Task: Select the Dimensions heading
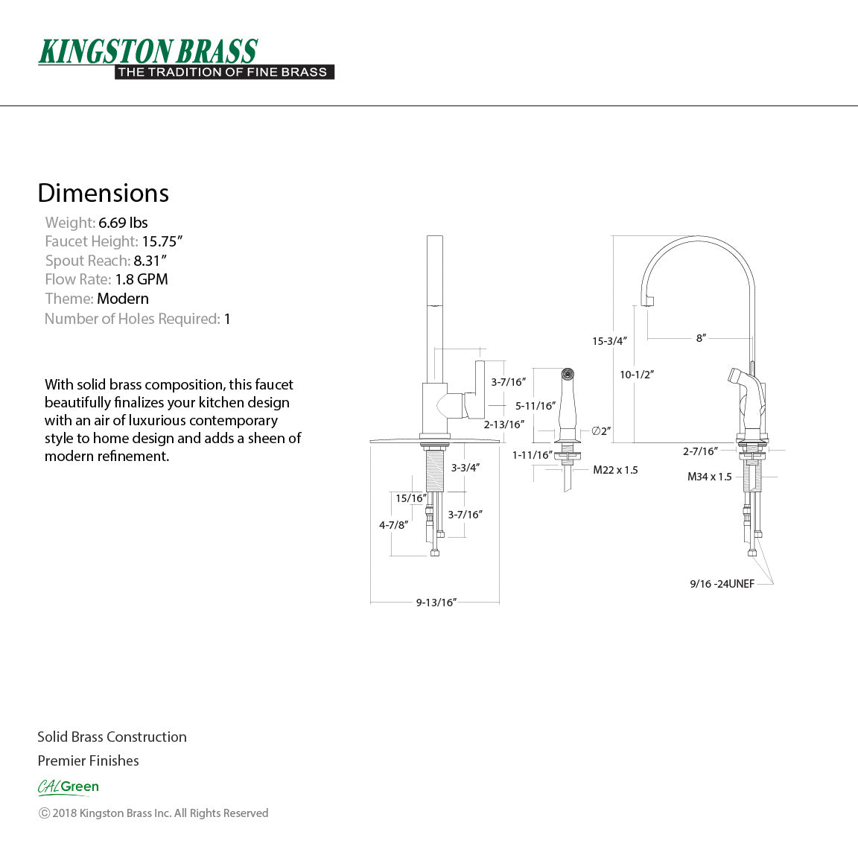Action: pyautogui.click(x=103, y=193)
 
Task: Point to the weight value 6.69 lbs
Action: pyautogui.click(x=123, y=223)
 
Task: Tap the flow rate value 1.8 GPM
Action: pyautogui.click(x=141, y=279)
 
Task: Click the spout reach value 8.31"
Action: pyautogui.click(x=150, y=261)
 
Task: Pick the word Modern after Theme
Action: pyautogui.click(x=123, y=299)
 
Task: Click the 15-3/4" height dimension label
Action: pyautogui.click(x=609, y=341)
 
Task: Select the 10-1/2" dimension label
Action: pyautogui.click(x=636, y=375)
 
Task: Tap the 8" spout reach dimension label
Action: pyautogui.click(x=700, y=338)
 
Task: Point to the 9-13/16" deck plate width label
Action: pyautogui.click(x=436, y=603)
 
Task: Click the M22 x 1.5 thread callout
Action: pyautogui.click(x=615, y=470)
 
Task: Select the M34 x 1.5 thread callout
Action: pyautogui.click(x=709, y=477)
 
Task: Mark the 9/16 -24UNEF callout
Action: pyautogui.click(x=722, y=584)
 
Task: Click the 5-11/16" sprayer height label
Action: pyautogui.click(x=536, y=406)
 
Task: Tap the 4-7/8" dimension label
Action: pyautogui.click(x=393, y=525)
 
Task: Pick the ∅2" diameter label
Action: pyautogui.click(x=601, y=431)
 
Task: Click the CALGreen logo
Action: pyautogui.click(x=69, y=786)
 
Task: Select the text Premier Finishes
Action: pyautogui.click(x=88, y=760)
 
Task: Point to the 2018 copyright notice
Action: pyautogui.click(x=153, y=813)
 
